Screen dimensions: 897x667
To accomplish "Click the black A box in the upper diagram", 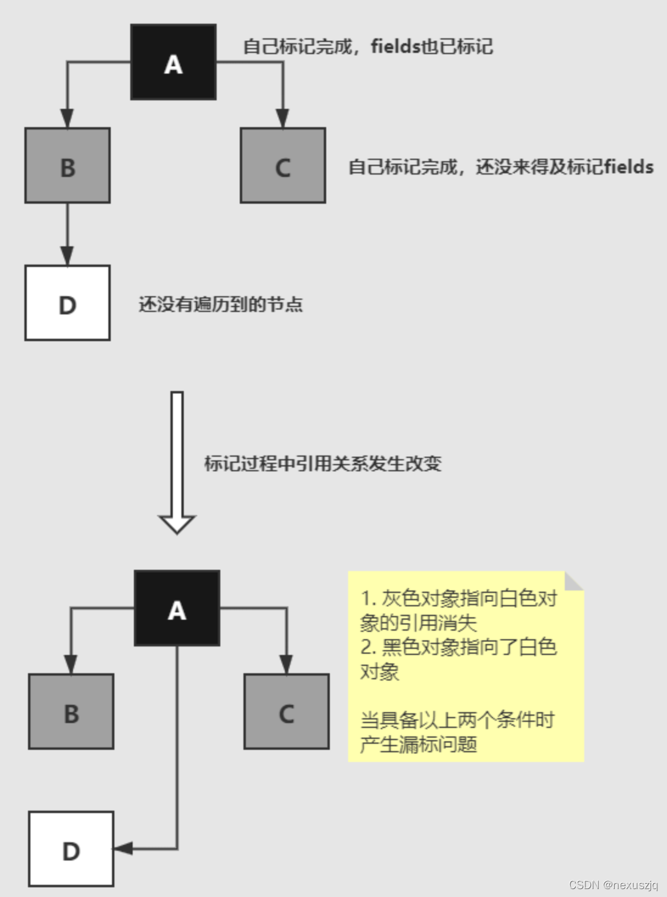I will [173, 62].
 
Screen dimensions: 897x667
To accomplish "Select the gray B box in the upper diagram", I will [68, 165].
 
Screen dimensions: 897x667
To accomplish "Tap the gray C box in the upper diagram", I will [283, 165].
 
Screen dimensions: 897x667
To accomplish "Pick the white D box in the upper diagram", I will [68, 303].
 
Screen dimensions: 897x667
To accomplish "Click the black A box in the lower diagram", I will [177, 608].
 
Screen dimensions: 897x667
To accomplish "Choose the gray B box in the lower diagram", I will [71, 712].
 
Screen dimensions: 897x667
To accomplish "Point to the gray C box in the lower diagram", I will [287, 712].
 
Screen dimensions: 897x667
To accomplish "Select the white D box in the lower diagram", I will [71, 849].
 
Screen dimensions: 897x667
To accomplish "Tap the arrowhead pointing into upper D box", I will [68, 256].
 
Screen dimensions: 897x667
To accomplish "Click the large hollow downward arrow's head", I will [176, 524].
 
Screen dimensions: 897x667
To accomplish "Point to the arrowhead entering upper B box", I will [68, 119].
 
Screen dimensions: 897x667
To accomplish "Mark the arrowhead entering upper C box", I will [282, 119].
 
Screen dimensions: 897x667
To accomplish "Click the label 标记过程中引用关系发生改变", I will [323, 464].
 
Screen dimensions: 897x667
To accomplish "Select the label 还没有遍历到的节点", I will [221, 304].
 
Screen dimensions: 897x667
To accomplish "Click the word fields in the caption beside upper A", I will [395, 46].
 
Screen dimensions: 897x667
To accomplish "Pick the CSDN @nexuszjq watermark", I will [613, 885].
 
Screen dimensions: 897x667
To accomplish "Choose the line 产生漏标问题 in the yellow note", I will [419, 744].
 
